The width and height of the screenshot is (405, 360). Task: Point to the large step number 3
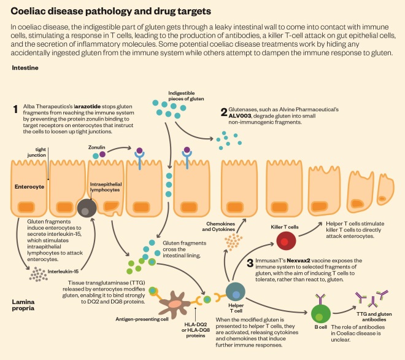(250, 264)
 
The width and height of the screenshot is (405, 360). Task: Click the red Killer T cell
(285, 240)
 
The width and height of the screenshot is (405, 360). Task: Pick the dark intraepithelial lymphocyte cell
(85, 209)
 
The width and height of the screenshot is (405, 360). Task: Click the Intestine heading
(26, 68)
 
